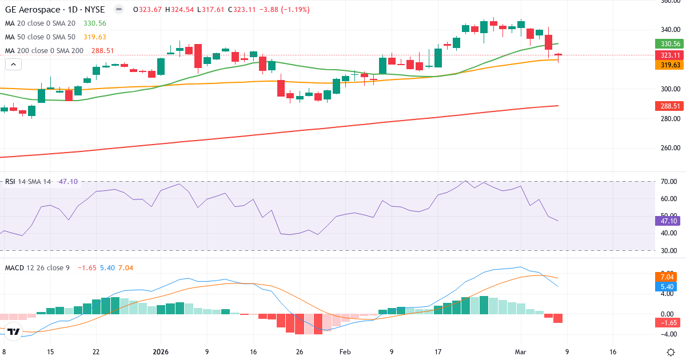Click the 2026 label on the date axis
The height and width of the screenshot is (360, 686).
160,352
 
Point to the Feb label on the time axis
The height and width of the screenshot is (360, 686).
345,352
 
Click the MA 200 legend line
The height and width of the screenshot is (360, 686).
44,51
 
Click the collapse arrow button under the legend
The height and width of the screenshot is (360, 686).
13,64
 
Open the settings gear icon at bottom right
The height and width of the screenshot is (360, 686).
671,352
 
